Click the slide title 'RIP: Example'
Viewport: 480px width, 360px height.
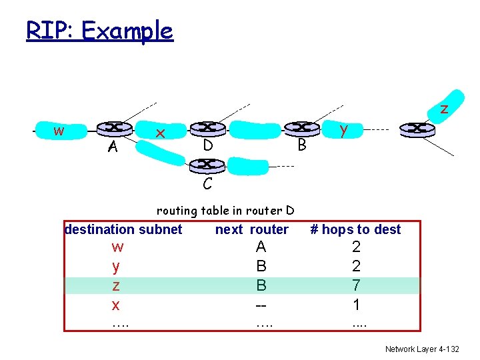pos(99,30)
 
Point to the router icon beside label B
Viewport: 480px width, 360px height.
pos(301,127)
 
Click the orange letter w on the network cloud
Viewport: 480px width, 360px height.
pos(59,130)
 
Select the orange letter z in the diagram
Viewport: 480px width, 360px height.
pos(443,109)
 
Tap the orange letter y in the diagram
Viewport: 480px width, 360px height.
pos(343,130)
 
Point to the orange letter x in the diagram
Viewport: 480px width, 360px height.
pos(160,133)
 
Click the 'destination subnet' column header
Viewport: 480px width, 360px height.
pos(123,229)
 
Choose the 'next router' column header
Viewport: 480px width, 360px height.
pos(252,229)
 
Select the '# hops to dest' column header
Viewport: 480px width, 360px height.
pos(356,229)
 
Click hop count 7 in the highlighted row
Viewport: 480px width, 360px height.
pos(356,286)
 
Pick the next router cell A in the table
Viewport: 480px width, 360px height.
pos(261,247)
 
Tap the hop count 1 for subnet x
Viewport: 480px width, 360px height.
pos(356,305)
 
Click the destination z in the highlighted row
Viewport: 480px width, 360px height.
pos(117,286)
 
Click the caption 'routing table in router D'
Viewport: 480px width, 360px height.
pos(225,211)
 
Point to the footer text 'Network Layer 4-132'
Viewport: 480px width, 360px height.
pos(422,349)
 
